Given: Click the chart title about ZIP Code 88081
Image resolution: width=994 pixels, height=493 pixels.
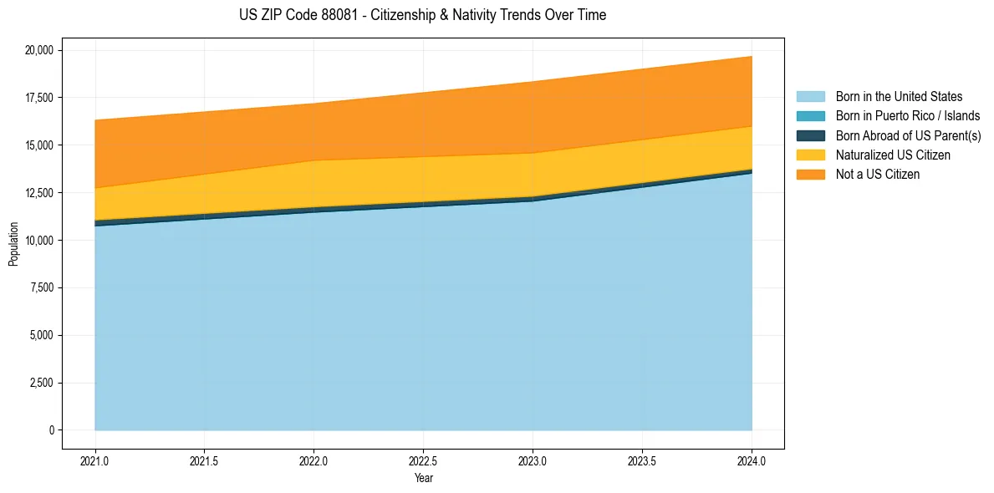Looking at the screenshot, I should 422,15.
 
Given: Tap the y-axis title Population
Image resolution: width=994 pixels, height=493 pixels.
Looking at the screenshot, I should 13,244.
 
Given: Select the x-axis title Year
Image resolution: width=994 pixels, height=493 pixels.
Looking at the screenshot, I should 423,479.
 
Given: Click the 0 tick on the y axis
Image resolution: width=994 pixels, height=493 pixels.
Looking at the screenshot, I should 51,430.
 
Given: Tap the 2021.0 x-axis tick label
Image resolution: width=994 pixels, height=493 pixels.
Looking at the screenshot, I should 95,460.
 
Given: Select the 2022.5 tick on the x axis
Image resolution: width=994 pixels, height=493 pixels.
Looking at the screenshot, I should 423,460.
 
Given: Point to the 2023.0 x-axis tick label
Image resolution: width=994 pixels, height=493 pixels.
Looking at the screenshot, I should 533,460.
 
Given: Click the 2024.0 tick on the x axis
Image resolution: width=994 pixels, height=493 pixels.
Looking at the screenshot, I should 752,460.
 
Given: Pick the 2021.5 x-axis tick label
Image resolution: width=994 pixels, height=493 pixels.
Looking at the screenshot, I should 205,460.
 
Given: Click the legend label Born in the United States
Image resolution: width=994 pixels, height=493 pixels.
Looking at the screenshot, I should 899,97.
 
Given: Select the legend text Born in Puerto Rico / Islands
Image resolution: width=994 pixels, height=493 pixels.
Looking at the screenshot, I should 908,116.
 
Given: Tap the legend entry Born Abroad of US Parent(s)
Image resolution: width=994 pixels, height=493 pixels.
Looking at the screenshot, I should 908,135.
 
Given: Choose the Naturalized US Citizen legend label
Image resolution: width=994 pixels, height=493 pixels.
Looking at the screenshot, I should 893,155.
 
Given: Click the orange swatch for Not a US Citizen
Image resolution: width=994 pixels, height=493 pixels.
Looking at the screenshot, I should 810,174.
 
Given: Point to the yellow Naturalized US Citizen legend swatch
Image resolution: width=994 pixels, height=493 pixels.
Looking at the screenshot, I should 810,155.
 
